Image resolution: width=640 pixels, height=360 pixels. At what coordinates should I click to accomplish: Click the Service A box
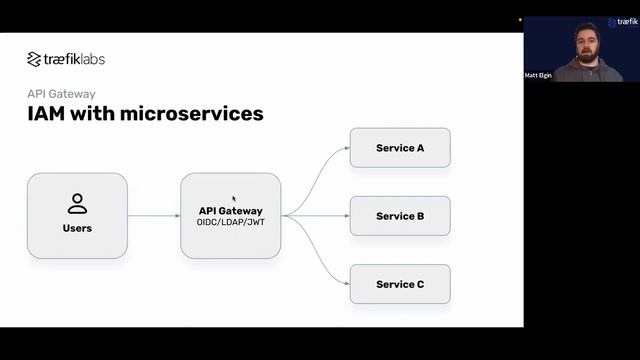tap(400, 148)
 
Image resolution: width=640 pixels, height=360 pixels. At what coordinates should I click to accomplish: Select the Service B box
tap(400, 216)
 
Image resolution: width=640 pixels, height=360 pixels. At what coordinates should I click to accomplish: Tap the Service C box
tap(400, 284)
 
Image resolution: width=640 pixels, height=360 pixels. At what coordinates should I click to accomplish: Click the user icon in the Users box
tap(77, 204)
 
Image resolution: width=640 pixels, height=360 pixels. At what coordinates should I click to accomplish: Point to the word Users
tap(77, 228)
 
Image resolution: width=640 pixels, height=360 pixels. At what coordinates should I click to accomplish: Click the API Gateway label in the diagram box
tap(230, 211)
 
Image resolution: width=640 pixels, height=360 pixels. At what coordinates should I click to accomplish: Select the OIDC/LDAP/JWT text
tap(230, 222)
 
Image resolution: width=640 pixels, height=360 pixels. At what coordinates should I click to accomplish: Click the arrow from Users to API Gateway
tap(154, 216)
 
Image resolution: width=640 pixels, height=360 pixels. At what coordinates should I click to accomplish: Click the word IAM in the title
tap(47, 114)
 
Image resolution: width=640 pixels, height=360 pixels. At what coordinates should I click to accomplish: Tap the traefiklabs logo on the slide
tap(66, 59)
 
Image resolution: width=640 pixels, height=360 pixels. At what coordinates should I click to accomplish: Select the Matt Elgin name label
tap(537, 76)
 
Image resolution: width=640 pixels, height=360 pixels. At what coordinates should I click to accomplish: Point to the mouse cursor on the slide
tap(234, 199)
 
